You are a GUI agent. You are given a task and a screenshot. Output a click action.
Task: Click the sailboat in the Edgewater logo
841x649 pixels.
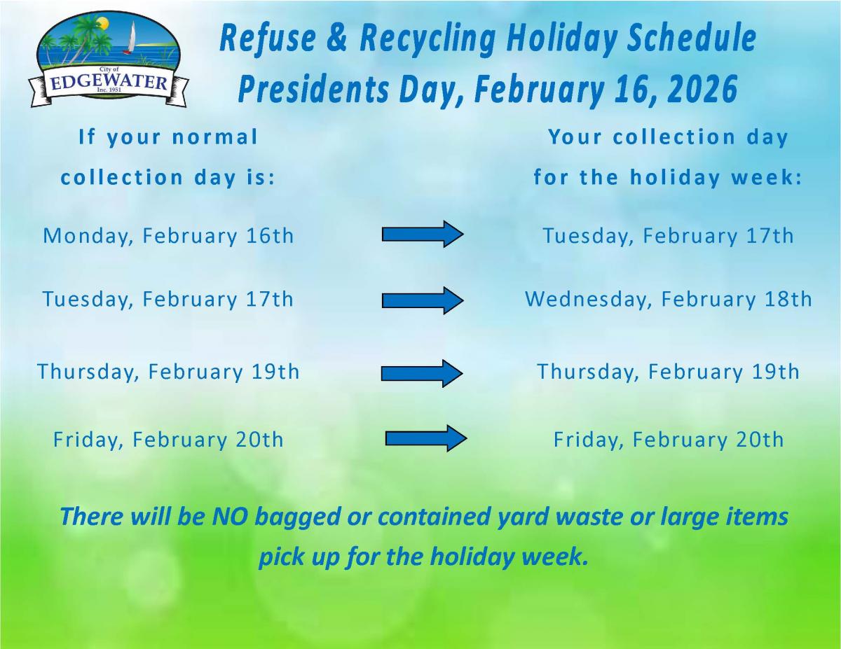(x=130, y=39)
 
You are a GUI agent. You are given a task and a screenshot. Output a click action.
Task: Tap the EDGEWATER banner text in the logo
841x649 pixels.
(x=109, y=83)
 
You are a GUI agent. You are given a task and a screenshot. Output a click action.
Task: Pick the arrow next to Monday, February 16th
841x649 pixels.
(x=422, y=234)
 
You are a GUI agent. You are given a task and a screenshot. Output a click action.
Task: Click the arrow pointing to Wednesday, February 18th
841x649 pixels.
(x=422, y=300)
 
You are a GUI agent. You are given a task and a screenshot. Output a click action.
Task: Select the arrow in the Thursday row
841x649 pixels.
(x=422, y=373)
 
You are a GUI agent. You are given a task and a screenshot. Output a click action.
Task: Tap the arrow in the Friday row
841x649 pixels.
(x=425, y=438)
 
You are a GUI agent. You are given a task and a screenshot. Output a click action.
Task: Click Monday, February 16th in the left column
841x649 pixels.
(x=168, y=236)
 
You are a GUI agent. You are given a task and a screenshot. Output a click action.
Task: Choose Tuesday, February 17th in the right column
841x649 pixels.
(x=668, y=236)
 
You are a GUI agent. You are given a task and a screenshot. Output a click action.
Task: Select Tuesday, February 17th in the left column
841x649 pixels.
(x=168, y=300)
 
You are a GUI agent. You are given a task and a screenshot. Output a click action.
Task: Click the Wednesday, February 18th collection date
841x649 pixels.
(x=668, y=300)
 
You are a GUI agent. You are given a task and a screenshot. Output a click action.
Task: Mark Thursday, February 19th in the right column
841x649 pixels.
(x=668, y=372)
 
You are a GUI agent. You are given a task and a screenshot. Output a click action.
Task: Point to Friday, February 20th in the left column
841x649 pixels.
(x=168, y=440)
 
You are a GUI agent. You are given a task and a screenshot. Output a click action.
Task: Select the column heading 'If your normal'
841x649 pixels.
(x=168, y=137)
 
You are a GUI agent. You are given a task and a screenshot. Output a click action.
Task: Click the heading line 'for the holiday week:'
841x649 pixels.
(x=668, y=178)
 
